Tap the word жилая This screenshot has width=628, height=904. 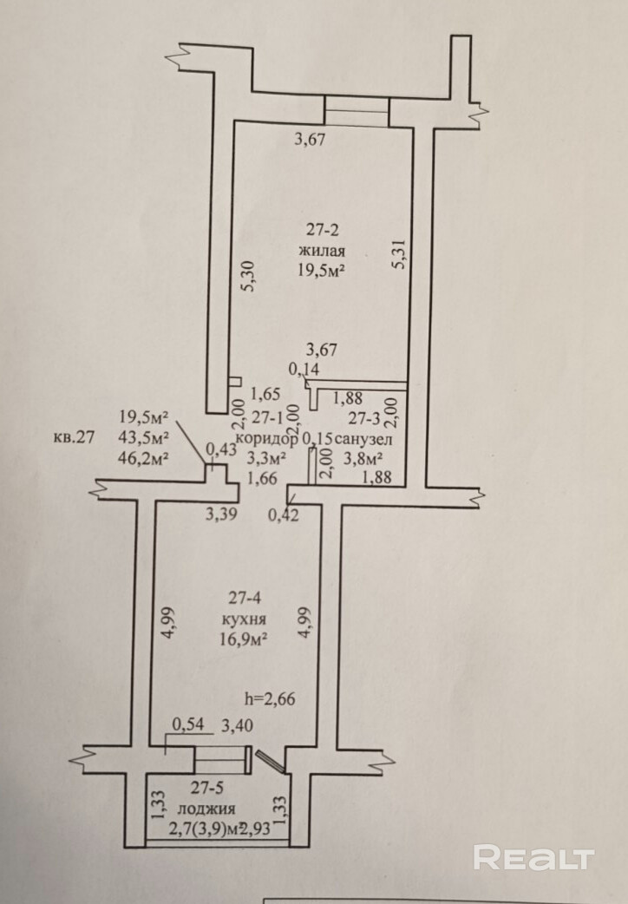click(x=323, y=251)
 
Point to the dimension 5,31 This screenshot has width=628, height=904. click(x=399, y=256)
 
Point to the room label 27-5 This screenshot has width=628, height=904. click(x=209, y=789)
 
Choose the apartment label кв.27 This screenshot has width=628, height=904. click(x=74, y=436)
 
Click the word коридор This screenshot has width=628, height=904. click(x=272, y=439)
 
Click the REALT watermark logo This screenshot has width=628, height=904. click(x=534, y=858)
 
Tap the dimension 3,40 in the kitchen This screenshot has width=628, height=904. click(x=238, y=726)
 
